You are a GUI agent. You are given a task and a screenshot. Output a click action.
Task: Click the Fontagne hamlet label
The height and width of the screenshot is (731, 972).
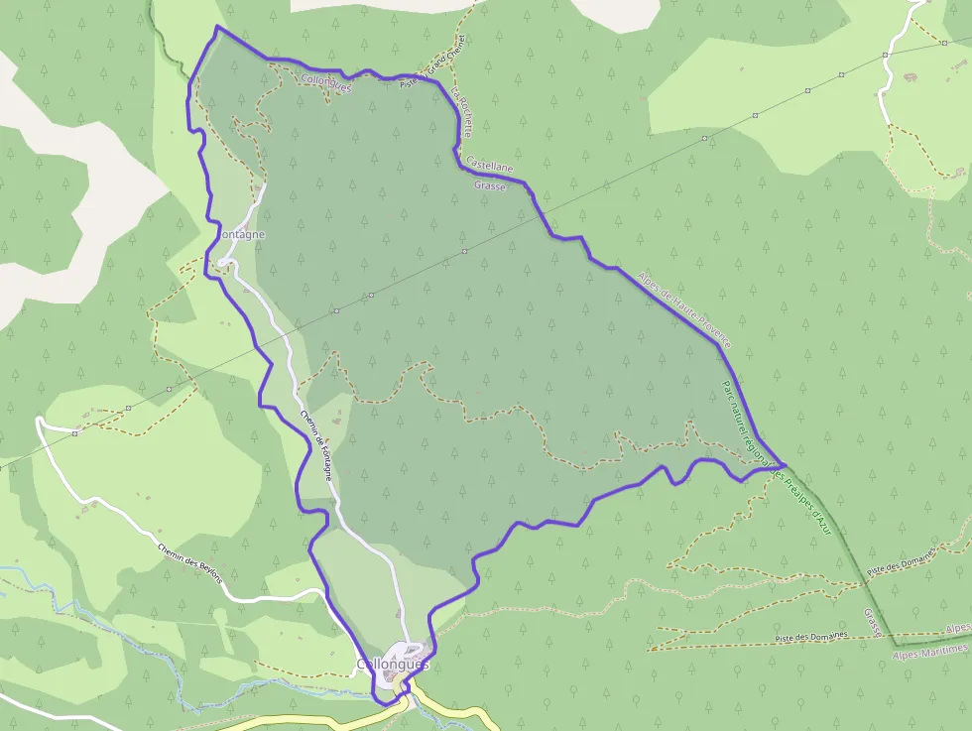click(x=241, y=234)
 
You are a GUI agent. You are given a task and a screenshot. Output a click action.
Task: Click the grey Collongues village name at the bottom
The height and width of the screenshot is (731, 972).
click(x=391, y=664)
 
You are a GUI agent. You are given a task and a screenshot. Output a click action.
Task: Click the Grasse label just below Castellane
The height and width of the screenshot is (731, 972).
click(x=490, y=185)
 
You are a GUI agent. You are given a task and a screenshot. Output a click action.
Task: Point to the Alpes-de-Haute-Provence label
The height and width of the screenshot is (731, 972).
click(x=683, y=307)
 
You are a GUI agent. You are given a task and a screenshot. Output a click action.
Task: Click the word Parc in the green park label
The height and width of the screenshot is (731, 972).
click(x=727, y=390)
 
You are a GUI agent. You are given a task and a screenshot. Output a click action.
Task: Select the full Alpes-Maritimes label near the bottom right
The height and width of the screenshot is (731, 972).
click(x=929, y=651)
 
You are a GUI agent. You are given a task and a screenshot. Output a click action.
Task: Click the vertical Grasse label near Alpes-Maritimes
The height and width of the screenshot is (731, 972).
click(x=873, y=623)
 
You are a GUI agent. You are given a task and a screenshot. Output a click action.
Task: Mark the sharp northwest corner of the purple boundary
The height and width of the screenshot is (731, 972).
click(x=217, y=27)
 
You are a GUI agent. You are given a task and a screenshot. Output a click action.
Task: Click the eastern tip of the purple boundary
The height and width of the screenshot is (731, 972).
click(x=787, y=464)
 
